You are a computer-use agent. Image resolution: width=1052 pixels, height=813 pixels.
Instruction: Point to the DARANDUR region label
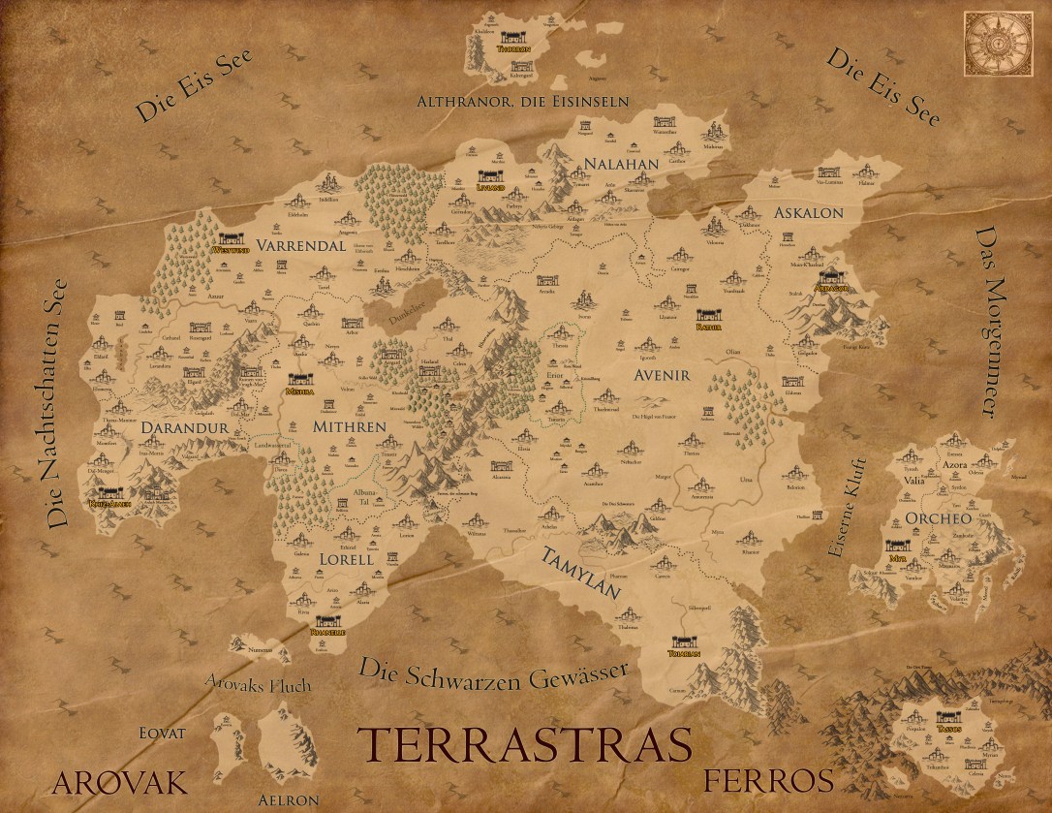tap(183, 426)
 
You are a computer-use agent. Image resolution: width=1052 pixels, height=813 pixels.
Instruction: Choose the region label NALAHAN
tap(620, 164)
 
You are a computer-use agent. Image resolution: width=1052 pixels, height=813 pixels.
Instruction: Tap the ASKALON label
tap(808, 213)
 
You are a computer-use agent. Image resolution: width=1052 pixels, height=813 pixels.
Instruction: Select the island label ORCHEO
tap(938, 518)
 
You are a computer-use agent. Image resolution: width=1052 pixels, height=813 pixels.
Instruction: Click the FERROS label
tap(768, 780)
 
